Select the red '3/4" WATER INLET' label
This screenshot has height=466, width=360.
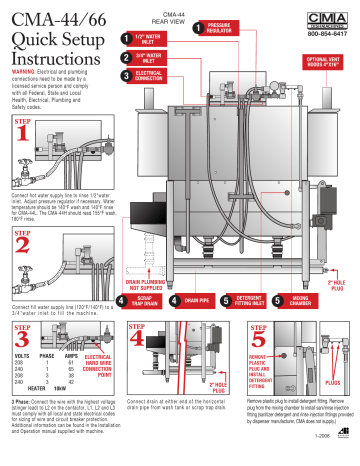tap(147, 59)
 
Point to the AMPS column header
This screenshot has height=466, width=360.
tap(76, 353)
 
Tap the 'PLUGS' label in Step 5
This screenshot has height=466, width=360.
tap(333, 380)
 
